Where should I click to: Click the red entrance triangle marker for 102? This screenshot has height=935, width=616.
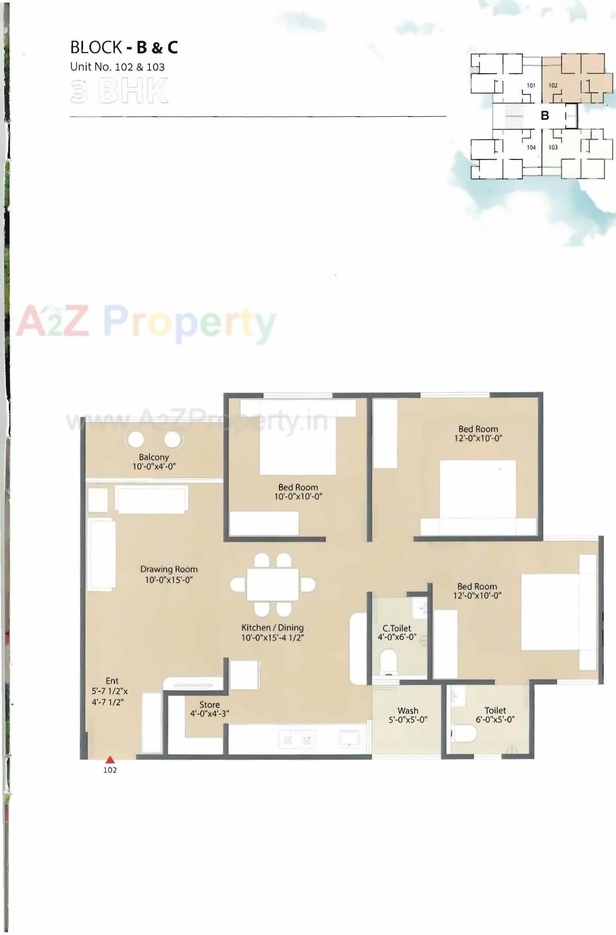pos(110,760)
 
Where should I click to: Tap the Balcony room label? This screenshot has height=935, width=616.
pos(154,457)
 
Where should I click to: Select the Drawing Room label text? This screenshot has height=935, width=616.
pos(169,569)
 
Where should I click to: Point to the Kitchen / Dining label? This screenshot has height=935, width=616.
pos(272,628)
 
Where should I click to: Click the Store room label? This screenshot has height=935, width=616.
pos(210,705)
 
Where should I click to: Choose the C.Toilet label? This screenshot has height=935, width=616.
pos(397,628)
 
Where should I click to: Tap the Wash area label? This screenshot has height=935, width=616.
pos(408,711)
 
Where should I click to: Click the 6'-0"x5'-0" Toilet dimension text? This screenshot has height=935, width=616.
pos(495,720)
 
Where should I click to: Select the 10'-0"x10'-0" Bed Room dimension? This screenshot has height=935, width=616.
pos(298,497)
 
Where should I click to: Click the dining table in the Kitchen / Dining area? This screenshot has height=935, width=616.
pos(273,584)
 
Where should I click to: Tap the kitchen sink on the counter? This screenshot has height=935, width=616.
pos(349,738)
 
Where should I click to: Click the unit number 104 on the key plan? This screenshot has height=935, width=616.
pos(531,147)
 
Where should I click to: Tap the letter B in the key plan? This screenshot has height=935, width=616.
pos(545,116)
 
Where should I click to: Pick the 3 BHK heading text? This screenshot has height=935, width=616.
pos(119,91)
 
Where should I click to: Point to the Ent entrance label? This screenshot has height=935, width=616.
pos(112,681)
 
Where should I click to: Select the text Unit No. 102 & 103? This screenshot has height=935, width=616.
pos(118,67)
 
